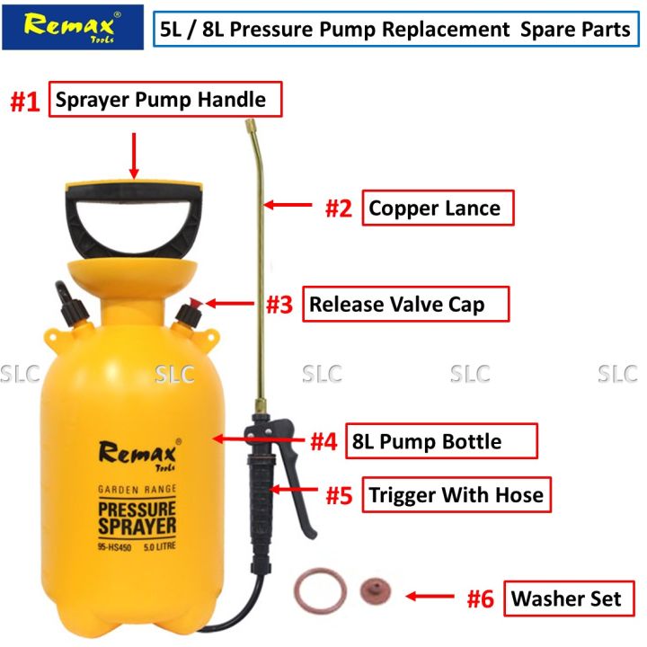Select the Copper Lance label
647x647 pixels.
coord(436,208)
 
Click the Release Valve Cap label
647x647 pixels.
coord(404,304)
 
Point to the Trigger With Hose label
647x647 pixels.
coord(456,495)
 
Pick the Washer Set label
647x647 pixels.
coord(566,598)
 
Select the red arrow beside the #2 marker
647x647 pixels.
coord(290,208)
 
